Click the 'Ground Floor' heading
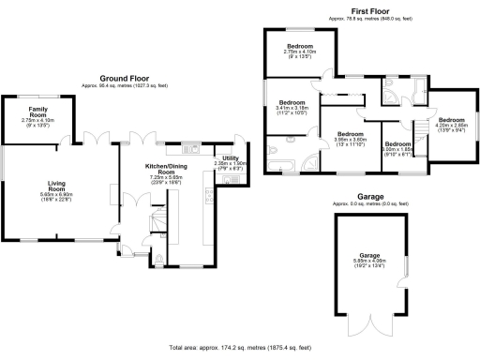tap(128, 78)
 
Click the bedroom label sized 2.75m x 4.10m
tap(301, 46)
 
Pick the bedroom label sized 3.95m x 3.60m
tap(350, 134)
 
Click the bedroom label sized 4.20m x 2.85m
tap(452, 120)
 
